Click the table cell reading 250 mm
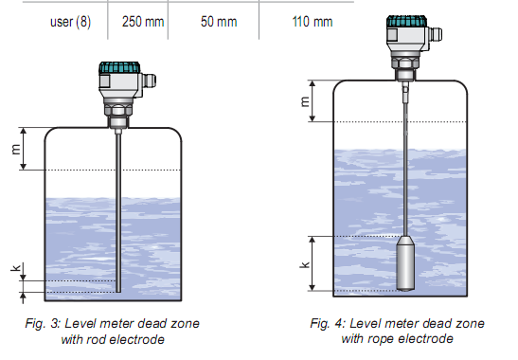coord(143,22)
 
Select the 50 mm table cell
coord(219,22)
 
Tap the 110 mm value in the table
coord(313,22)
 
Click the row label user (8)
coord(70,22)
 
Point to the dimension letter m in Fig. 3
coord(15,150)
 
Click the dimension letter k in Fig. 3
coord(16,267)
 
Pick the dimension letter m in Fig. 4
coord(305,101)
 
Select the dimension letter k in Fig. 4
coord(305,264)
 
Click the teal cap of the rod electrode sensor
coord(119,67)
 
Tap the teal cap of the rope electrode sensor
coord(406,21)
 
